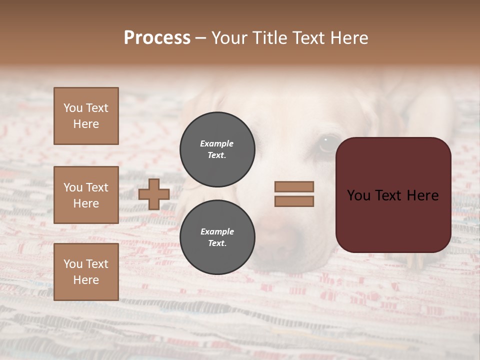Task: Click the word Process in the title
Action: coord(157,38)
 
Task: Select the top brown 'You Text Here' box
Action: coord(86,116)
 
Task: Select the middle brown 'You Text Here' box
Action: coord(86,195)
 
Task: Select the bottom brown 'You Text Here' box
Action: coord(86,272)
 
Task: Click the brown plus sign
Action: coord(154,194)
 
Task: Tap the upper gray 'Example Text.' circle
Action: coord(217,149)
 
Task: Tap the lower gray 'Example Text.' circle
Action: coord(217,237)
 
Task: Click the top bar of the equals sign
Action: coord(294,186)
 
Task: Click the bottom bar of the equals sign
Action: coord(294,201)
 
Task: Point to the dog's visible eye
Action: coord(327,144)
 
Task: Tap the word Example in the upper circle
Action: coord(217,143)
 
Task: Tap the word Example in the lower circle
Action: coord(217,231)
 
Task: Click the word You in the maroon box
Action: coord(359,195)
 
